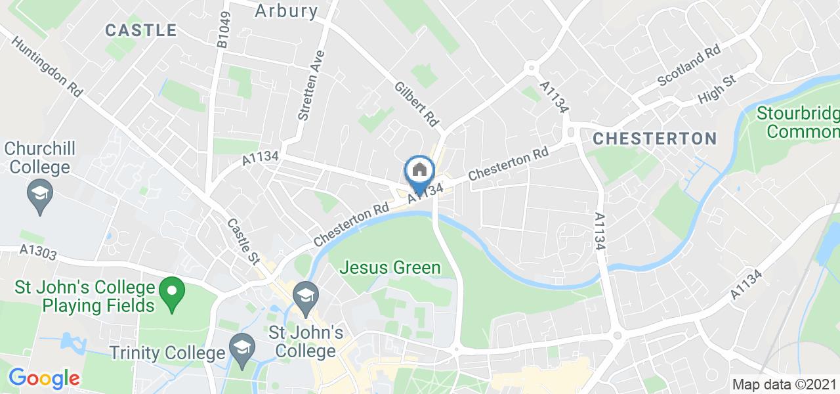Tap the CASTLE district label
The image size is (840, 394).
tap(141, 30)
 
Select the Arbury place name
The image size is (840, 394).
tap(286, 11)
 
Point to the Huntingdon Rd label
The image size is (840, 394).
tap(47, 66)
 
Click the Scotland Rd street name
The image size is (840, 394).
tap(690, 67)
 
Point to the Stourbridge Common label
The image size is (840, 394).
tap(799, 122)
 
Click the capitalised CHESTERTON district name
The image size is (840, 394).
tap(654, 139)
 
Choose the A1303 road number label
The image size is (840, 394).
tap(37, 250)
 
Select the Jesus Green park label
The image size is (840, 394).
tap(390, 267)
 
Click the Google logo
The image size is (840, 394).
tap(44, 378)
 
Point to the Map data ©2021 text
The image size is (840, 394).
tap(785, 385)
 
